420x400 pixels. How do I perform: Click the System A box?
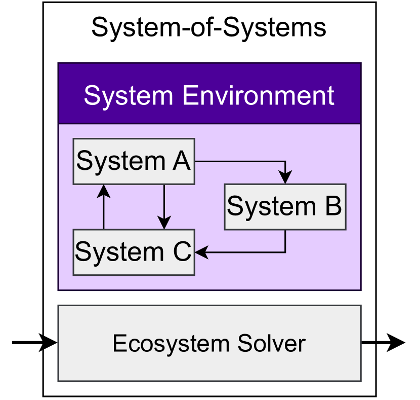pos(134,161)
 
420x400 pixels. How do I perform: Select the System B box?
pos(285,207)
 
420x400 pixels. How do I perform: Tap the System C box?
pos(134,252)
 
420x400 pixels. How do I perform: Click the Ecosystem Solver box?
pos(209,343)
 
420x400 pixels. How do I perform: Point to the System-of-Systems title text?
pos(209,27)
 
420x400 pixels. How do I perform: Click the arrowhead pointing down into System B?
pos(285,178)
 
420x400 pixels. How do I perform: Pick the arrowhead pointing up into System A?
pos(103,191)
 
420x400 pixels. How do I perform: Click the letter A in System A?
pos(181,161)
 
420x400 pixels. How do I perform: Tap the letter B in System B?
pos(332,207)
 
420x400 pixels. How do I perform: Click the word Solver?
pos(274,344)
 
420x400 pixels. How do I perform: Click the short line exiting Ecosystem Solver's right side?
pos(368,343)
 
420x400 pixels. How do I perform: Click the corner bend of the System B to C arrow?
pos(285,252)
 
